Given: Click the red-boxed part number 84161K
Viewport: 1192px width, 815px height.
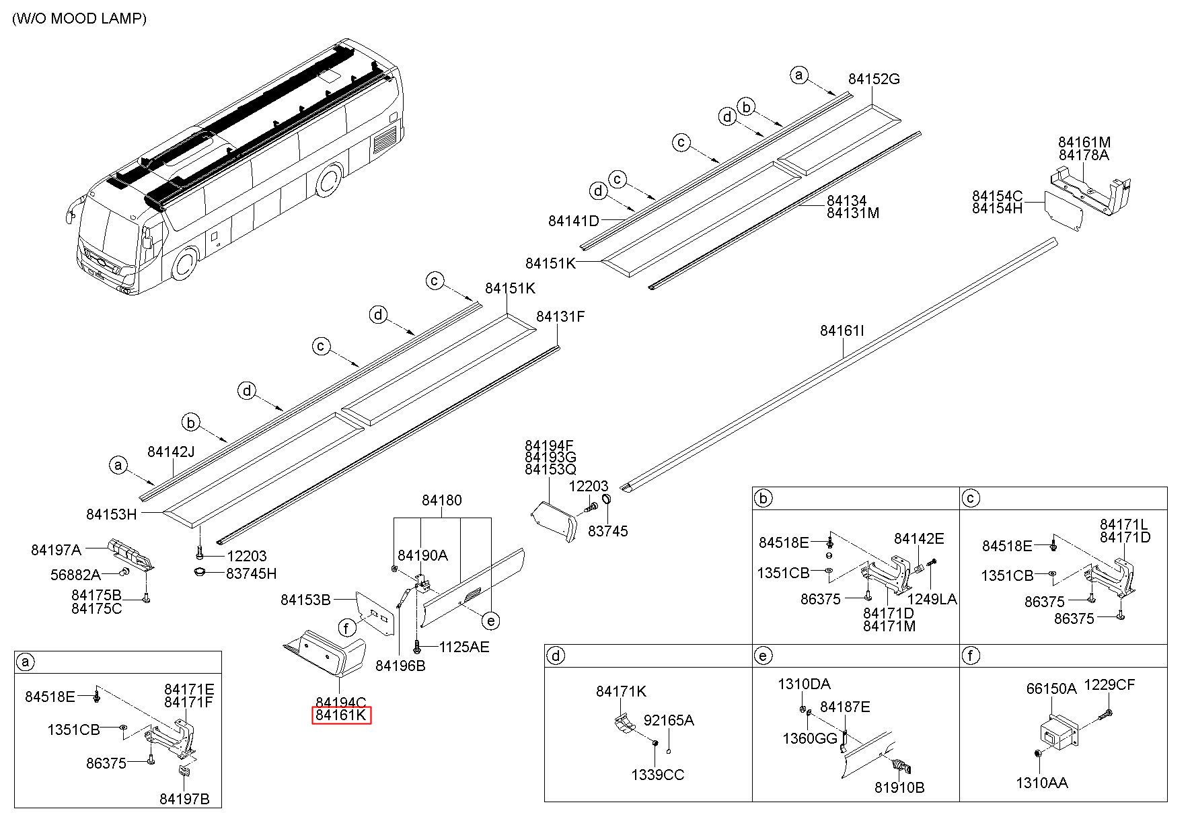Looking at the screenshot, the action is [341, 715].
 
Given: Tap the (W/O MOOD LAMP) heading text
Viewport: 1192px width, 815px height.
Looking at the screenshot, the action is [79, 18].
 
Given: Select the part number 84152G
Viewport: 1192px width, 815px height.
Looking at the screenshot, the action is [874, 79].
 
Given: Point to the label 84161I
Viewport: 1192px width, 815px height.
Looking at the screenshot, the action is [842, 330].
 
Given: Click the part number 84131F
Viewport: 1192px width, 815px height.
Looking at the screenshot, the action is [560, 316].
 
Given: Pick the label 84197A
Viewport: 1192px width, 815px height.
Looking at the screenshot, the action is [57, 550].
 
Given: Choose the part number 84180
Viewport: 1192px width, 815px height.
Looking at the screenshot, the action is [442, 500].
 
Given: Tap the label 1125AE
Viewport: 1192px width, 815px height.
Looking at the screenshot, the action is [464, 647].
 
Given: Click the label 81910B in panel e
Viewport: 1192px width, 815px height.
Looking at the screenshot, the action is [899, 787].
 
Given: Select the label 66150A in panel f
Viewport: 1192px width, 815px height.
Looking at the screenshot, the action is [1051, 688].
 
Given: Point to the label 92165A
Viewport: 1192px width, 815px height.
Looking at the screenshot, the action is [669, 720].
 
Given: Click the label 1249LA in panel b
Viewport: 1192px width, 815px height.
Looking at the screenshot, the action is [932, 599].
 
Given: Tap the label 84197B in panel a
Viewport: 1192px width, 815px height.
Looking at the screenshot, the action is [184, 799].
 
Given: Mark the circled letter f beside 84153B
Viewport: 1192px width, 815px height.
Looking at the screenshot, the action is [346, 629].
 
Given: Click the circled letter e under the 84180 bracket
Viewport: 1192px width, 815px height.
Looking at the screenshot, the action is [492, 621].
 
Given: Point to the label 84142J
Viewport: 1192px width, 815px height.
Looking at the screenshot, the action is [171, 451].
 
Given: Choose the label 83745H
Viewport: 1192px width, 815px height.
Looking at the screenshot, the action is [251, 573].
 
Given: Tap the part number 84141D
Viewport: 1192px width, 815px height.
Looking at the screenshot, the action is [573, 220].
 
